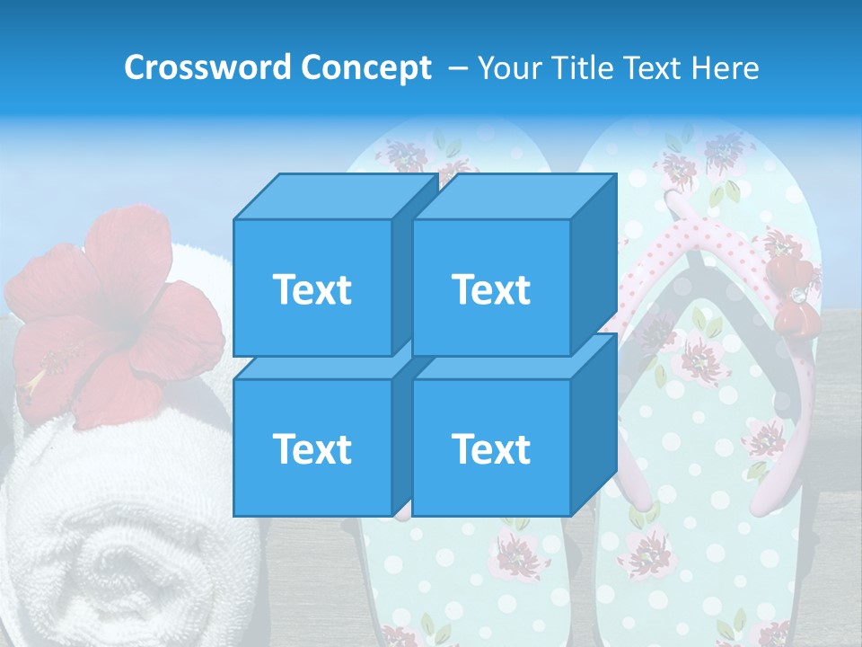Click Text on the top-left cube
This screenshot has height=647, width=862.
coord(312,289)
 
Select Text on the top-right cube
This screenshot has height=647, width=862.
coord(491,289)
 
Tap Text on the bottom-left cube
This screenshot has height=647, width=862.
coord(312,448)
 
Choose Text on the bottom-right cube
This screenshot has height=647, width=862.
coord(491,448)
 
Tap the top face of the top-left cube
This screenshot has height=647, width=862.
coord(332,197)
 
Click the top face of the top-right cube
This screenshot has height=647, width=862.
coord(512,197)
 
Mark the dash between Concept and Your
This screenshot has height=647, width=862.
coord(456,67)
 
